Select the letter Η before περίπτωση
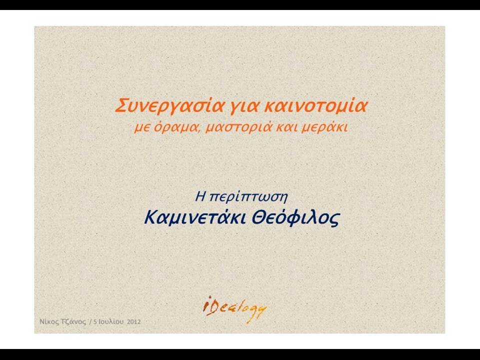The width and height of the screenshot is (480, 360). [x=200, y=196]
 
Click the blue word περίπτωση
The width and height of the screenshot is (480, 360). [x=248, y=197]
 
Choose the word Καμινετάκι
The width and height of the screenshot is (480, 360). [x=194, y=217]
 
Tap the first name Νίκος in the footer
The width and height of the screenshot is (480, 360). [x=48, y=322]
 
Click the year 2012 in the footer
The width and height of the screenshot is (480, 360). [x=134, y=322]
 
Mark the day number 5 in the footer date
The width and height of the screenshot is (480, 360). [x=95, y=322]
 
